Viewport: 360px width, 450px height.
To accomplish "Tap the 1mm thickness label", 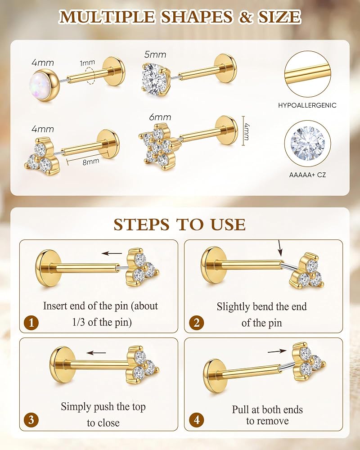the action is pyautogui.click(x=87, y=63).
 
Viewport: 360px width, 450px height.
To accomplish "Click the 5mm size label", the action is pyautogui.click(x=155, y=54).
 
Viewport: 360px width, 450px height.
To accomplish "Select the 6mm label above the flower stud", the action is pyautogui.click(x=160, y=117).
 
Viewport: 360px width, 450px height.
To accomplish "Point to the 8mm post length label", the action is pyautogui.click(x=91, y=162).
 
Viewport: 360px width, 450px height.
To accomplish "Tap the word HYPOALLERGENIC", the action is pyautogui.click(x=307, y=105).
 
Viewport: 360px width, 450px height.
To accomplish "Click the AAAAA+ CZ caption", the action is pyautogui.click(x=307, y=175).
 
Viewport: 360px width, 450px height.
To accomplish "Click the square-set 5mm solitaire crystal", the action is pyautogui.click(x=154, y=78).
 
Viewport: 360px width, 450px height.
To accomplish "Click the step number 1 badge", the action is pyautogui.click(x=31, y=323).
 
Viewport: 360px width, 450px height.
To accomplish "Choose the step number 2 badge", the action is pyautogui.click(x=196, y=323).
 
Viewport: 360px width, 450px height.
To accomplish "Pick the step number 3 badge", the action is pyautogui.click(x=31, y=420).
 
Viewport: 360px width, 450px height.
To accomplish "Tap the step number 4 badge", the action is pyautogui.click(x=196, y=420).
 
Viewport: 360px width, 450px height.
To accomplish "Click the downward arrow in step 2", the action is pyautogui.click(x=280, y=248).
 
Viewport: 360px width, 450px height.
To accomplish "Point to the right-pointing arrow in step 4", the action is pyautogui.click(x=277, y=351).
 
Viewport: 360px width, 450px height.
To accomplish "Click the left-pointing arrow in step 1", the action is pyautogui.click(x=112, y=253).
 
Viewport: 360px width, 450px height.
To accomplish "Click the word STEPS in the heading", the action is pyautogui.click(x=142, y=225).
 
